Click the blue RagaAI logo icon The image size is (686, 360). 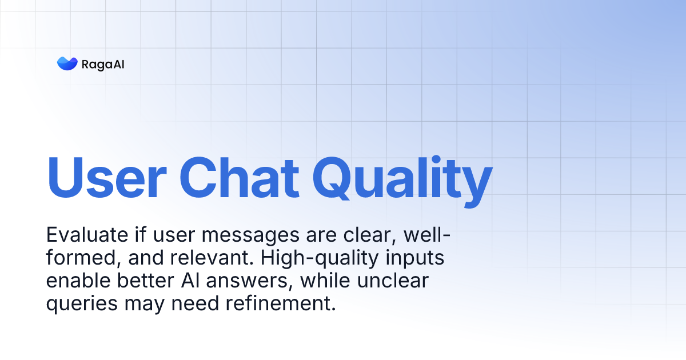(x=67, y=63)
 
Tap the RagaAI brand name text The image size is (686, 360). (x=103, y=64)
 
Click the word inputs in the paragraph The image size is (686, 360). (x=416, y=259)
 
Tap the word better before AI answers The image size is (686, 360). (x=144, y=281)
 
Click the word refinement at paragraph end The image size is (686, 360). (x=280, y=303)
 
